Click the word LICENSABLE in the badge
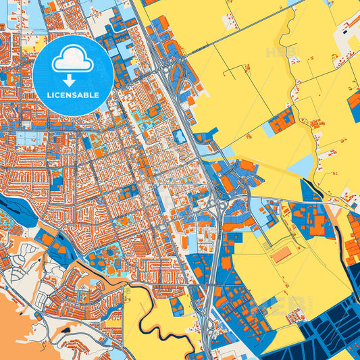coord(74,95)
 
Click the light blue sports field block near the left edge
coord(27,138)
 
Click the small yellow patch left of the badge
coord(30,48)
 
